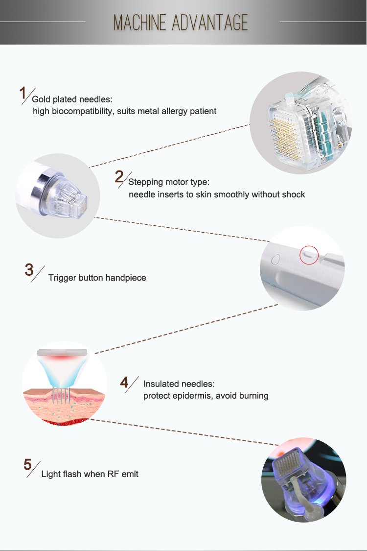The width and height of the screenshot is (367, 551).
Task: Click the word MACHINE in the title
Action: click(x=139, y=23)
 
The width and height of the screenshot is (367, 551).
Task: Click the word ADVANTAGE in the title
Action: click(x=210, y=23)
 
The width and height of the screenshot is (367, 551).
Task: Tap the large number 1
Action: click(x=23, y=94)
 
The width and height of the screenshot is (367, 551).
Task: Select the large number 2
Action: click(x=119, y=177)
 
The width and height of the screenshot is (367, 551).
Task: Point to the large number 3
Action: click(x=29, y=270)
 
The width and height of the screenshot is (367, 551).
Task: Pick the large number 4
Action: click(x=124, y=383)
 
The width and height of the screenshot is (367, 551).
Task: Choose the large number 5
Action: click(x=28, y=465)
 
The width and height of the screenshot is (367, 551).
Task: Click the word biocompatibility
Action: click(x=83, y=111)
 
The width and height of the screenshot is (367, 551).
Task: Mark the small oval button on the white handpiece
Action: click(x=275, y=259)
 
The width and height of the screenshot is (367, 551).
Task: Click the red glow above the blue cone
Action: click(x=62, y=359)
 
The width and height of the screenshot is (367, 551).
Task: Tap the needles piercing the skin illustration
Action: click(x=62, y=396)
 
